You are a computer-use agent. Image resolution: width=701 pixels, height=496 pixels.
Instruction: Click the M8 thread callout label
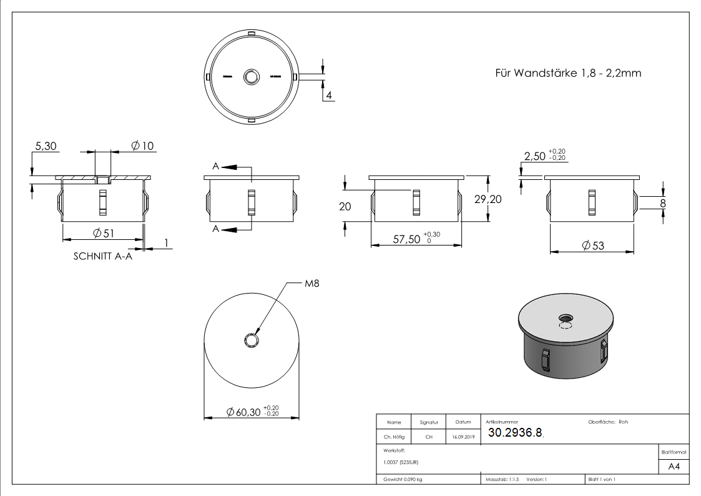(312, 284)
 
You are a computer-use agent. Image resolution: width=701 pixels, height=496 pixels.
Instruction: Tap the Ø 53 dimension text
(592, 246)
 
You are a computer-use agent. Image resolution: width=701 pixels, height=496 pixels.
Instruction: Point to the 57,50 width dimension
(407, 238)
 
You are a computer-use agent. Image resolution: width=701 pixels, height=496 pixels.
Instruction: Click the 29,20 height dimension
(488, 199)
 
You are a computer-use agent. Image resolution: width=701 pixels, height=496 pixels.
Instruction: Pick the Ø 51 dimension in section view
(103, 233)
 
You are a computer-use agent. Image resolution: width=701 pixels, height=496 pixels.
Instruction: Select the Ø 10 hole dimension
(142, 146)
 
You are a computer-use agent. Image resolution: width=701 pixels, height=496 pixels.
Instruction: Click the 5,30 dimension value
(46, 146)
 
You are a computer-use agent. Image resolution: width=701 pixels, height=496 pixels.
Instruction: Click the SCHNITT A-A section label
(103, 256)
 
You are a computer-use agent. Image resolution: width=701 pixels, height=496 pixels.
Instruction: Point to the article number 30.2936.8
(515, 433)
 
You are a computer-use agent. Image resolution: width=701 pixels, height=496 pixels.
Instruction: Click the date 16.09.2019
(463, 437)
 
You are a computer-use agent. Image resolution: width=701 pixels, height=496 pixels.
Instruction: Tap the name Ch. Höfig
(394, 437)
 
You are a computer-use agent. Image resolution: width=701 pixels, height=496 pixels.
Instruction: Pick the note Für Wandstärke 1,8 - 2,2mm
(567, 73)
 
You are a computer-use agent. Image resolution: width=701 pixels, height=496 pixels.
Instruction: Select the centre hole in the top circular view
(252, 77)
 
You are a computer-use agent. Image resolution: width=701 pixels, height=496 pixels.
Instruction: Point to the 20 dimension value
(345, 207)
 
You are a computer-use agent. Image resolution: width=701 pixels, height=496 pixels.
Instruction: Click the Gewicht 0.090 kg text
(403, 479)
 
